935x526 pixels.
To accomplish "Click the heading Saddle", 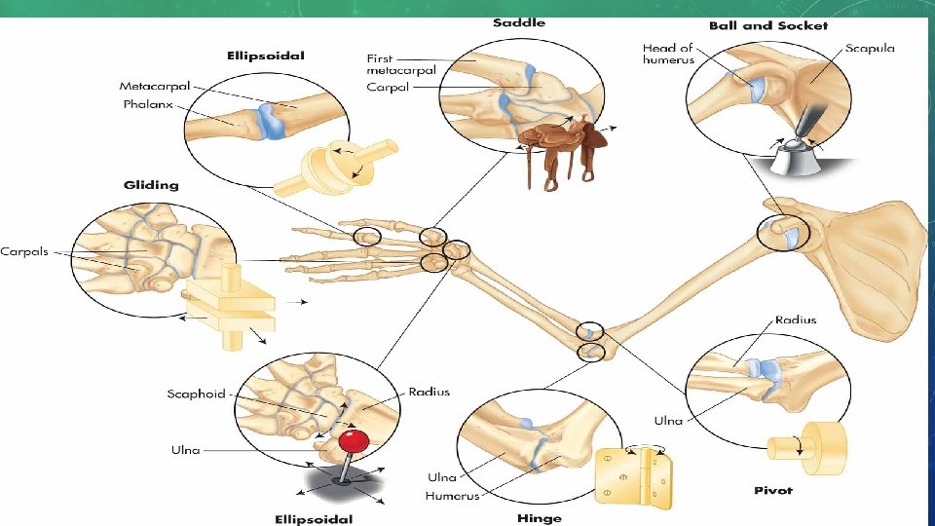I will (x=519, y=21).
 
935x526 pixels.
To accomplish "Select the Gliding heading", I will (x=151, y=184).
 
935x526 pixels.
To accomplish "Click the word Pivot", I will (x=773, y=490).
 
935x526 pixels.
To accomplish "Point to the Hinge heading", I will (x=540, y=518).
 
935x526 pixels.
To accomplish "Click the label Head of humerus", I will (x=667, y=54).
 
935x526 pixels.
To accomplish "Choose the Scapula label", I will (x=870, y=48).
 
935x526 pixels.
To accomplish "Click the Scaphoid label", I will (x=196, y=394).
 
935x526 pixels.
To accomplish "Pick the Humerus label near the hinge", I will (x=453, y=497).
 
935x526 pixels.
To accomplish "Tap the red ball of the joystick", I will (x=354, y=441).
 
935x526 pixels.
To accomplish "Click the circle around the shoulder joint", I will (x=782, y=233).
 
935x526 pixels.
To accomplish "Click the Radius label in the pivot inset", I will (x=796, y=319).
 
